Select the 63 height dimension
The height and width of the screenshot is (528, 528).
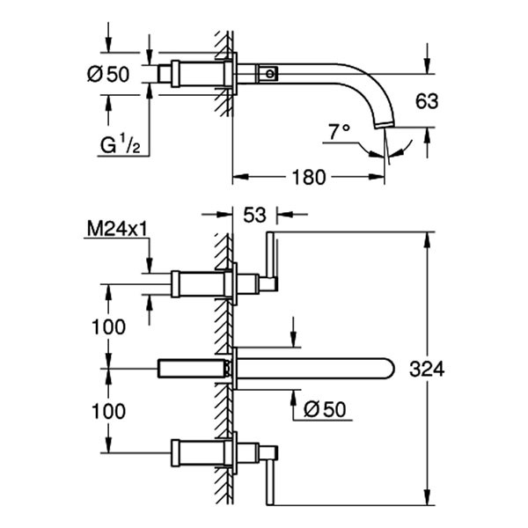tap(426, 101)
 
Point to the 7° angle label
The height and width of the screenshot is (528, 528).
tap(339, 132)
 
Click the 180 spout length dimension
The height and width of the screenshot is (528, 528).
tap(309, 177)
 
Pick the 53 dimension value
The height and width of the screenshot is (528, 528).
tap(253, 213)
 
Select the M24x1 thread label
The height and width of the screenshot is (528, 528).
tap(115, 231)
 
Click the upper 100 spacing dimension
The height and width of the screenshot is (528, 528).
tap(108, 326)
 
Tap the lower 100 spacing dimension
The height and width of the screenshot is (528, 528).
tap(108, 411)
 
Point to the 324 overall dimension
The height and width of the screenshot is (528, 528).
tap(427, 370)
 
